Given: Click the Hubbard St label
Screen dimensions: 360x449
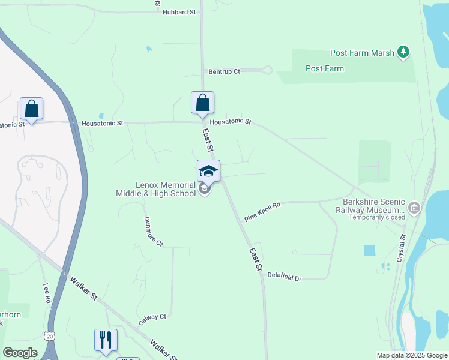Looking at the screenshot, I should (x=179, y=12).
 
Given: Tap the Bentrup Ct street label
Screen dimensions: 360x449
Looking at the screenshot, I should (x=224, y=71).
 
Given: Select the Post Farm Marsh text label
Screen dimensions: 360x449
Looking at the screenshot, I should (x=363, y=53).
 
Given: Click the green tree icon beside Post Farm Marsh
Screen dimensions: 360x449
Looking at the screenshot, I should (x=404, y=52).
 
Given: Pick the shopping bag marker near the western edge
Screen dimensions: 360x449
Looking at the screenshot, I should (x=31, y=109).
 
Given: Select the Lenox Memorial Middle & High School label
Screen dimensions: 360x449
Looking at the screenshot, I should (x=155, y=190).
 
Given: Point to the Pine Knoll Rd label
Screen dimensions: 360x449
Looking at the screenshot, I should (x=262, y=211).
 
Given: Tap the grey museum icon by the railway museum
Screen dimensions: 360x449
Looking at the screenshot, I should (x=414, y=208).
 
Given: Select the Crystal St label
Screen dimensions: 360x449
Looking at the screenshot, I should (x=402, y=248).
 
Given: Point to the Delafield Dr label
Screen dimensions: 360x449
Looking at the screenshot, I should (x=284, y=277).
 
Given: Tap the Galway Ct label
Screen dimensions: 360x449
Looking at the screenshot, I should (x=152, y=316).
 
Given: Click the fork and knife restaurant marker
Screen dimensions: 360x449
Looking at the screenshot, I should (x=106, y=340).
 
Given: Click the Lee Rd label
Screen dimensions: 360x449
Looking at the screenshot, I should (x=47, y=295).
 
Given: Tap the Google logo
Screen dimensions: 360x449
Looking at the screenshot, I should (x=19, y=353).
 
